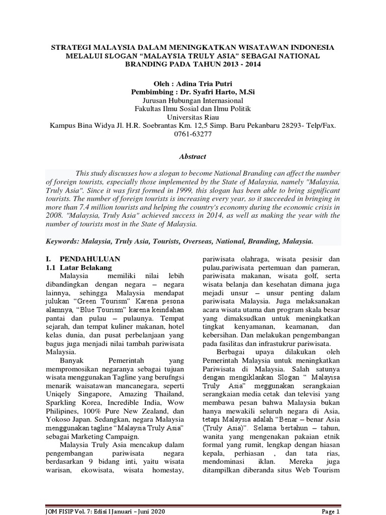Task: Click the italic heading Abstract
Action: [192, 157]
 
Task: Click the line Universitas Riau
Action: [192, 117]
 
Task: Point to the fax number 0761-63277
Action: [192, 134]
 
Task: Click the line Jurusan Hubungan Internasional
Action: [192, 100]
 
